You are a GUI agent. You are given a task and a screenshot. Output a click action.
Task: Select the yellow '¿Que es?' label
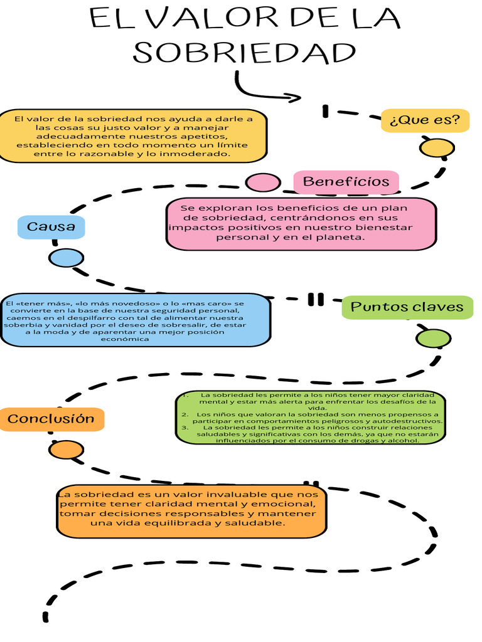click(x=425, y=120)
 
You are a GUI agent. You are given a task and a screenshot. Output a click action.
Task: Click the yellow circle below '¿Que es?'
click(x=437, y=149)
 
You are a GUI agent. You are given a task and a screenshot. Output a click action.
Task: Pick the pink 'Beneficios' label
click(x=346, y=182)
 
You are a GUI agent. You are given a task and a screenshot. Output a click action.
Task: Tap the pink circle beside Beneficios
click(x=262, y=182)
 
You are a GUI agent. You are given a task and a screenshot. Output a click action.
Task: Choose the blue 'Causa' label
click(x=51, y=227)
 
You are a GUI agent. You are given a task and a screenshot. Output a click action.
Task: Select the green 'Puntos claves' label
click(x=407, y=307)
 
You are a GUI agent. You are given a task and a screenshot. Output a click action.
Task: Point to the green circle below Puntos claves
click(x=433, y=339)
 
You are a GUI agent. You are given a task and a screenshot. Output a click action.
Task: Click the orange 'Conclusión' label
click(x=51, y=419)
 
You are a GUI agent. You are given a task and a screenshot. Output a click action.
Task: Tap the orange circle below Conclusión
click(x=66, y=450)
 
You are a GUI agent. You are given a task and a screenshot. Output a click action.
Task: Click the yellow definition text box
click(x=132, y=136)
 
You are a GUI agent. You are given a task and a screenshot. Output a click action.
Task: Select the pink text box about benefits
click(x=301, y=223)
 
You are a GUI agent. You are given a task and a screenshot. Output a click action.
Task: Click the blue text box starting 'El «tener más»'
click(x=135, y=320)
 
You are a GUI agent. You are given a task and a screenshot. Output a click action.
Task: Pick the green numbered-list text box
click(x=310, y=418)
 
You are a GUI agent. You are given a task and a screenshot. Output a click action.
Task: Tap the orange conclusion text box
click(x=191, y=510)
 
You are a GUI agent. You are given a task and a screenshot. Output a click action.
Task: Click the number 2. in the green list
click(x=185, y=414)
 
